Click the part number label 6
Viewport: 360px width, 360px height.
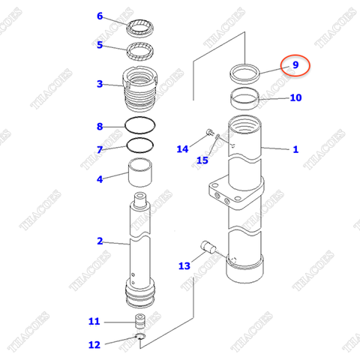(x=100, y=16)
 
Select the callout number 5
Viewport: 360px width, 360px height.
(x=100, y=45)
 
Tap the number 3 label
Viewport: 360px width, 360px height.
(x=100, y=83)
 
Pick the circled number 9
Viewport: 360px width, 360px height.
(x=295, y=65)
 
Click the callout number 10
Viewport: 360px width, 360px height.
(x=295, y=97)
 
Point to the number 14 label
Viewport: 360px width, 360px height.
(x=183, y=149)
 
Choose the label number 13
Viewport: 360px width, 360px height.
(x=184, y=265)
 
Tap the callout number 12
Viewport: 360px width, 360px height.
(x=94, y=345)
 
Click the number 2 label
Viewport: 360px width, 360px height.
(x=100, y=241)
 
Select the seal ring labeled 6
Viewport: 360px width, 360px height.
(x=141, y=30)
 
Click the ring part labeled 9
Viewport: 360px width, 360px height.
(x=246, y=73)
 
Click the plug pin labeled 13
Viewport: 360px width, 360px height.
(x=209, y=247)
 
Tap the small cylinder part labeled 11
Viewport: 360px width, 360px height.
(x=139, y=322)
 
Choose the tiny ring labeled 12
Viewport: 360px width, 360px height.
(x=139, y=343)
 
